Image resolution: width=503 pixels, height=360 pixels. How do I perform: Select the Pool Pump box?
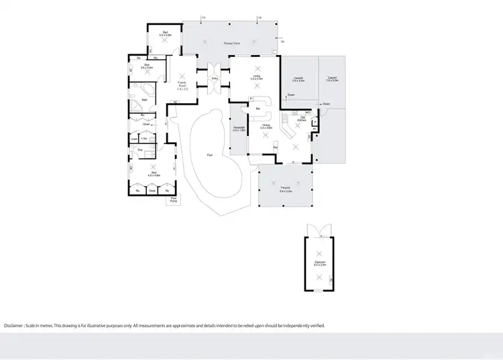pos(173,200)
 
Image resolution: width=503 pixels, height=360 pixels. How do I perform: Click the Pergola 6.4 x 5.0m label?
pos(286,190)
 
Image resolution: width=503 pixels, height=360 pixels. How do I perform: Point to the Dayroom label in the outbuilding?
pos(320,263)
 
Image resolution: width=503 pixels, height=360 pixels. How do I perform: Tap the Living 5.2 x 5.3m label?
pos(256,78)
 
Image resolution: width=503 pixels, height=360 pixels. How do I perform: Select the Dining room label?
pos(266,126)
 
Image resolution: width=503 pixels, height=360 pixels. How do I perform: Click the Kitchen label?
pos(302,119)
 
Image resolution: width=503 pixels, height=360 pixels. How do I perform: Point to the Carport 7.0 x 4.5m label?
pos(299,80)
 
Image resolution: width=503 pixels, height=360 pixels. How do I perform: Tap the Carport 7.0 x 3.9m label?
pos(332,79)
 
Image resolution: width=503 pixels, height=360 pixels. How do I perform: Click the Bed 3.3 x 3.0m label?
pos(165,34)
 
